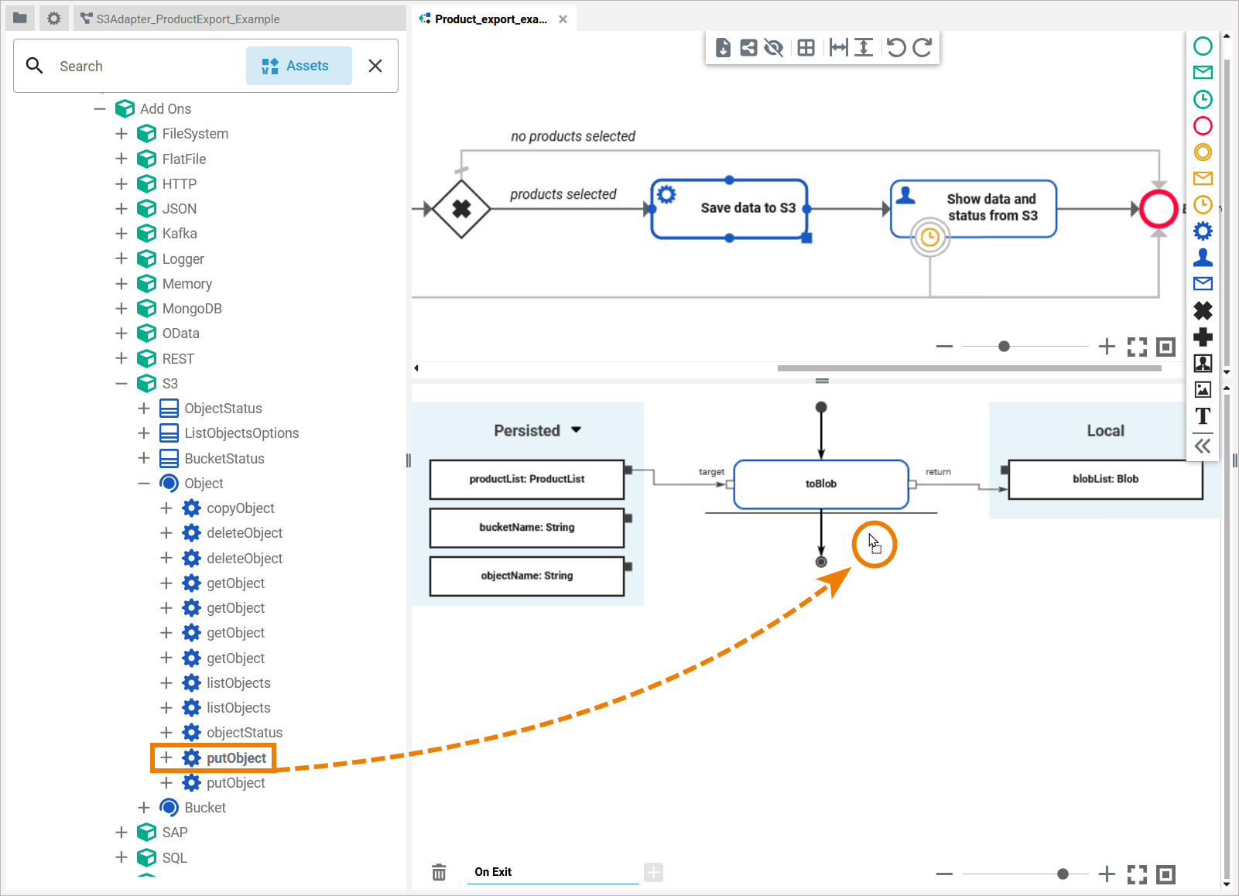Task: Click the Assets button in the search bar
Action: coord(299,66)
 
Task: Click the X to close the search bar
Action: coord(375,66)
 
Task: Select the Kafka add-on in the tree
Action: coord(179,234)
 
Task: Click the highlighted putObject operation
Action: coord(236,758)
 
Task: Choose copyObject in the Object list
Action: coord(240,508)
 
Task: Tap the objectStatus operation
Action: coord(244,733)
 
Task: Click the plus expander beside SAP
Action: coord(122,833)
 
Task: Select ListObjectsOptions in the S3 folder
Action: coord(241,433)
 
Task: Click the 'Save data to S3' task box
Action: coord(729,208)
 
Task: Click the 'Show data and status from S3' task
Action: coord(974,207)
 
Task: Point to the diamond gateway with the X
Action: coord(461,209)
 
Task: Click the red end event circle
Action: coord(1159,209)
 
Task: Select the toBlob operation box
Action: coord(820,484)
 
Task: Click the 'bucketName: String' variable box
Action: coord(526,528)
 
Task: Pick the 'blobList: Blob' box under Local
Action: coord(1105,480)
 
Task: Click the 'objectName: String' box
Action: coord(526,576)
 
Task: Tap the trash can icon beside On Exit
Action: coord(439,873)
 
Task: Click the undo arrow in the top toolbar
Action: coord(895,48)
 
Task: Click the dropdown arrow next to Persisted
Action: coord(576,430)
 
